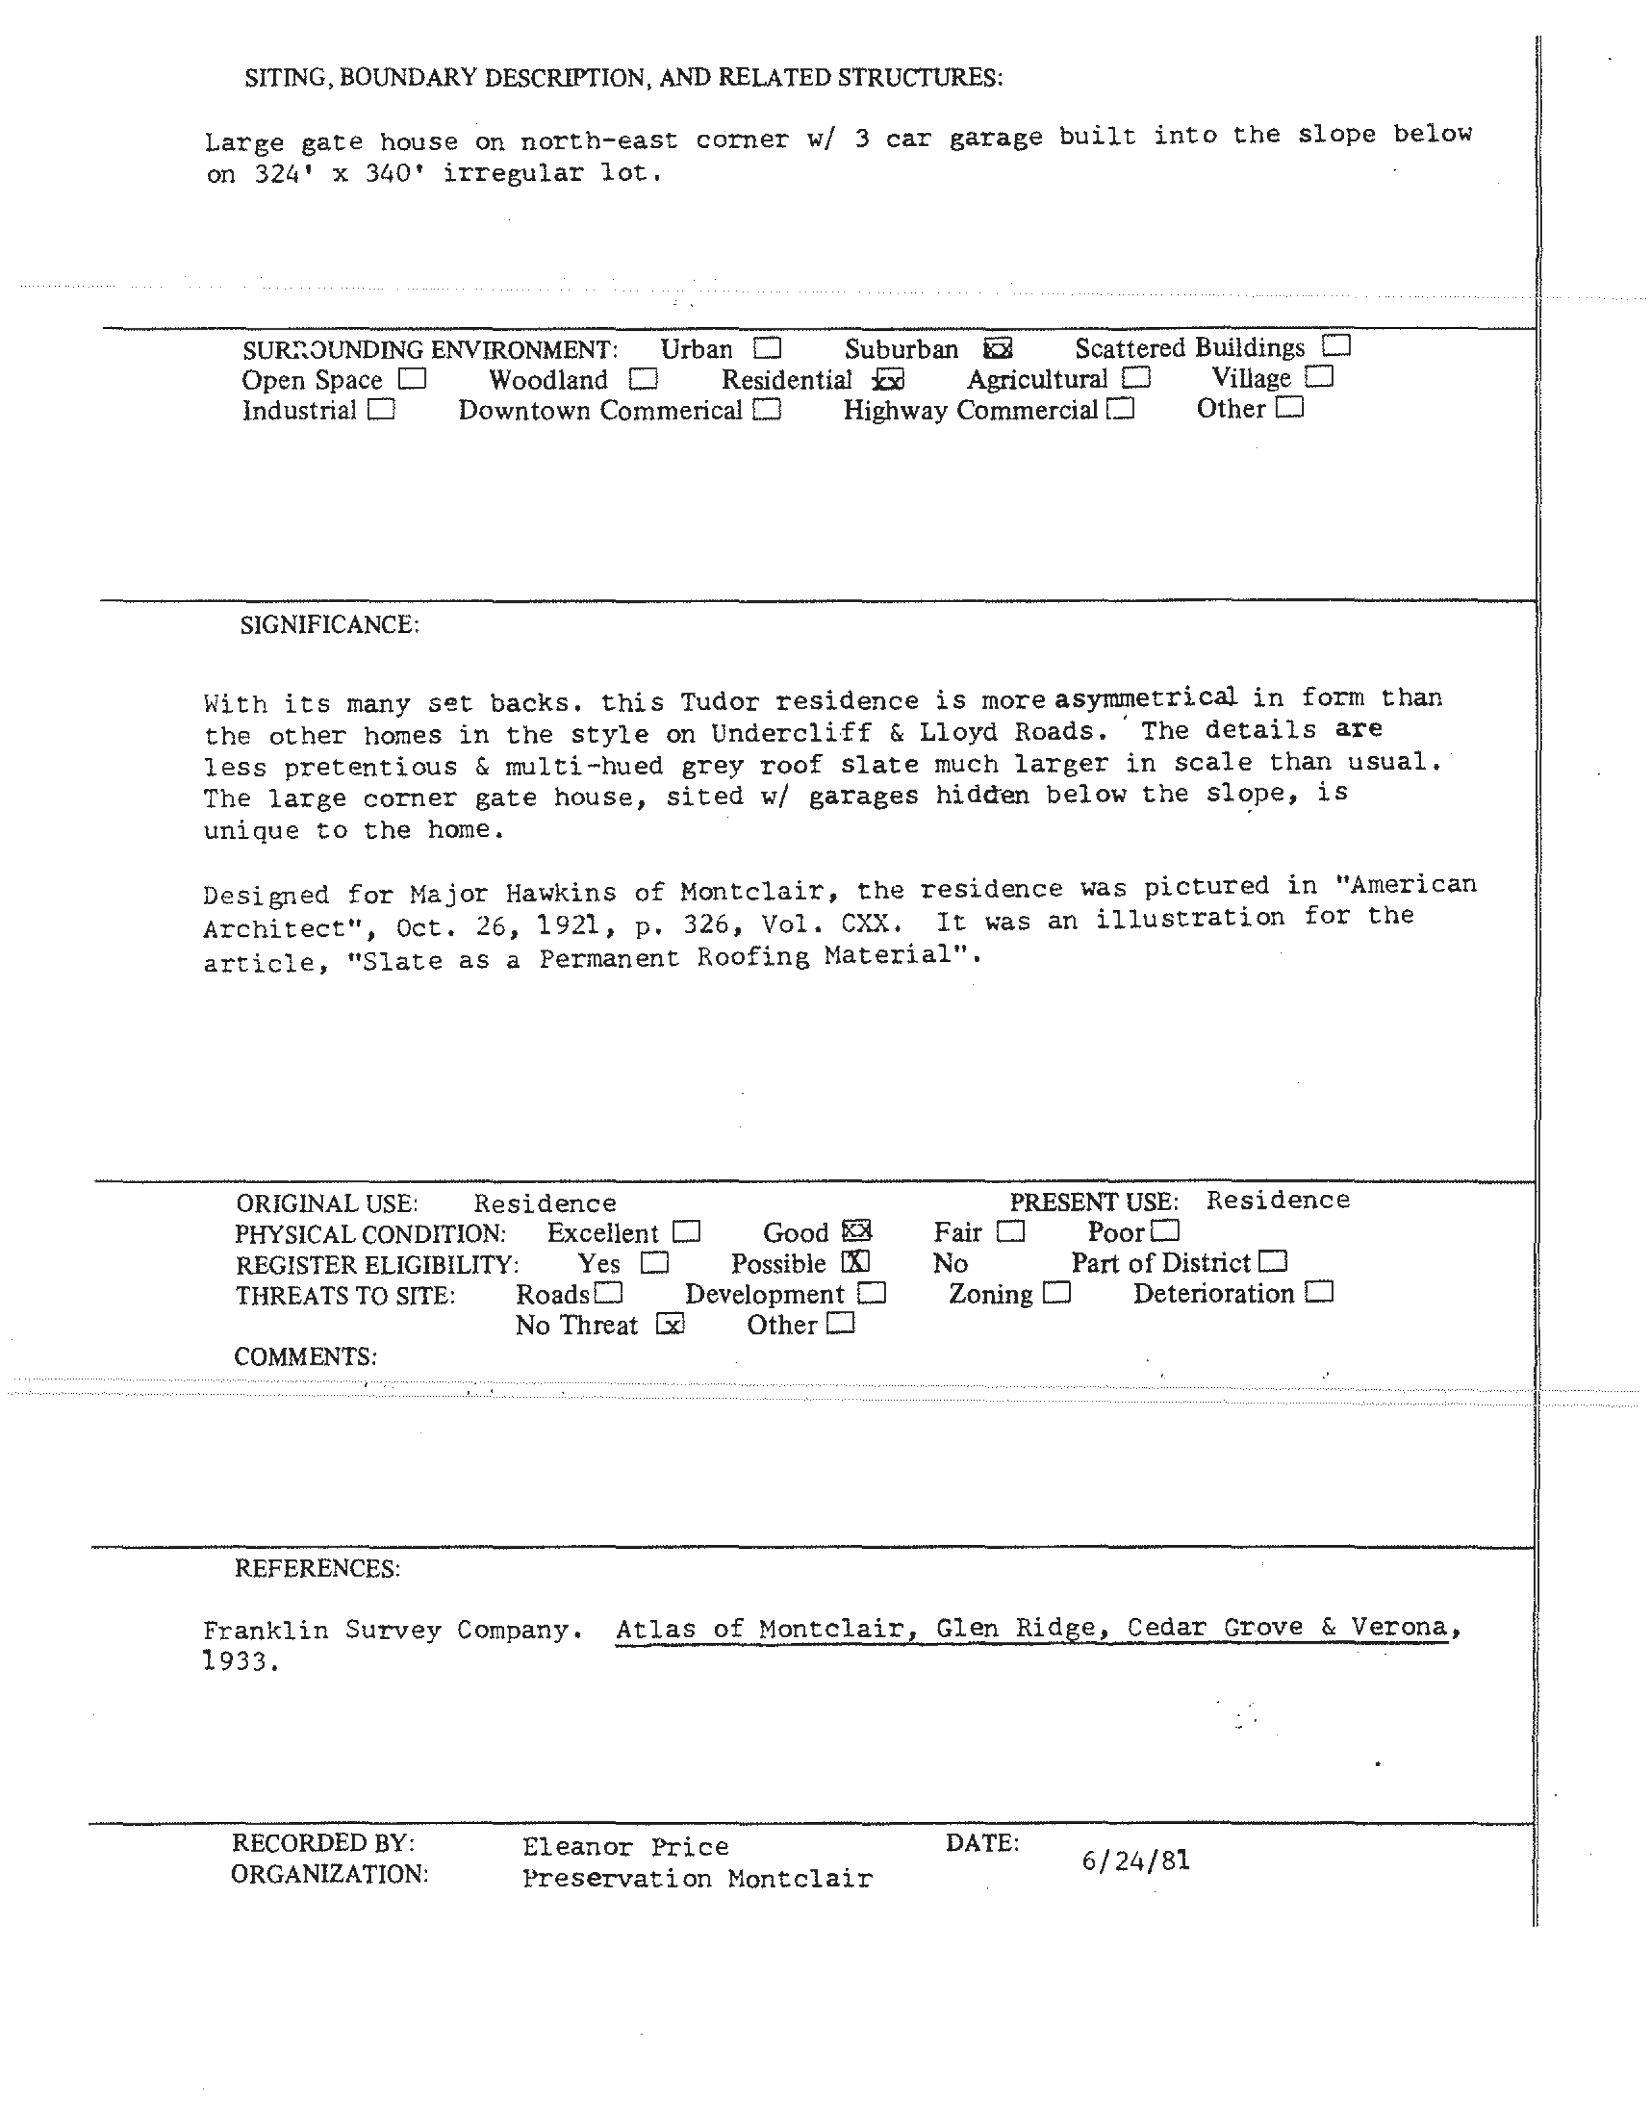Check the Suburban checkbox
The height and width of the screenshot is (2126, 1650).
[x=998, y=348]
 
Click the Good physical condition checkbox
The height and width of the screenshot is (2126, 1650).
[x=857, y=1231]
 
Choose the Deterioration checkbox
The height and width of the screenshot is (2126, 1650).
[x=1319, y=1293]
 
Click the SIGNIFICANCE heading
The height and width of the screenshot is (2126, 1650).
[x=329, y=625]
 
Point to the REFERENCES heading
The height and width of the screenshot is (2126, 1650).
[x=316, y=1568]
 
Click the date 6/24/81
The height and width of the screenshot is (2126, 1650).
[x=1135, y=1861]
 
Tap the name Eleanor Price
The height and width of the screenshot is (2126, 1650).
[x=625, y=1846]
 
